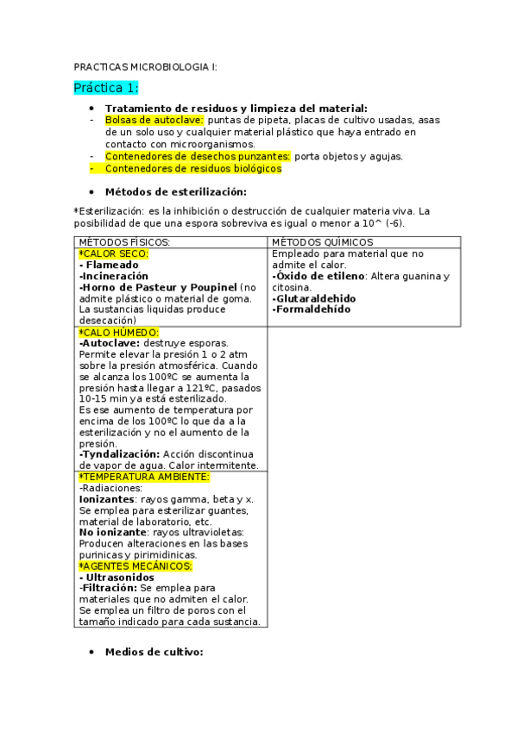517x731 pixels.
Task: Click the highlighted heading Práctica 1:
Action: tap(106, 88)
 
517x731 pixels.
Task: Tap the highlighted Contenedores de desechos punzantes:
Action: tap(198, 156)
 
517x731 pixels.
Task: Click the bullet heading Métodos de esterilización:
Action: tap(175, 192)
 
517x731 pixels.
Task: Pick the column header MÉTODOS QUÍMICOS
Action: tap(322, 243)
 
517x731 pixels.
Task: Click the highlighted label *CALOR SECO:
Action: tap(113, 254)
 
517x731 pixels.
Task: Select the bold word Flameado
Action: tap(112, 265)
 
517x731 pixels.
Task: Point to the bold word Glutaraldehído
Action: tap(313, 298)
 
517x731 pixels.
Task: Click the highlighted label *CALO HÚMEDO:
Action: tap(118, 332)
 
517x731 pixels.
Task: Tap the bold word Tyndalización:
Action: tap(119, 453)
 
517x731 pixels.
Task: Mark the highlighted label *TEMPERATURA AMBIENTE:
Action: tap(144, 477)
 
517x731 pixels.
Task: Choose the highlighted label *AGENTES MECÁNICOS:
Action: tap(136, 566)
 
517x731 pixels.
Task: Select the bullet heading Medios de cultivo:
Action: tap(154, 653)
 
